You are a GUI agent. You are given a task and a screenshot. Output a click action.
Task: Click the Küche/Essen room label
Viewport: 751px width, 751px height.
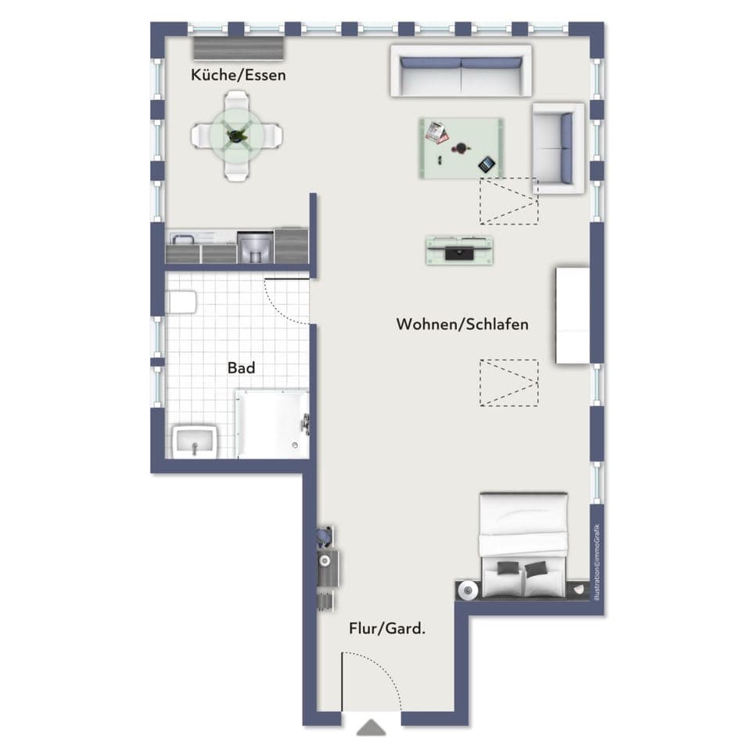[x=238, y=76]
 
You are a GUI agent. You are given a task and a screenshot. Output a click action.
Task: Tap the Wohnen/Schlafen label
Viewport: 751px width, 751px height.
[x=462, y=324]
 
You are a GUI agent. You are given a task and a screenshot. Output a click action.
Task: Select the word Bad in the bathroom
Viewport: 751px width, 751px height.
[x=241, y=368]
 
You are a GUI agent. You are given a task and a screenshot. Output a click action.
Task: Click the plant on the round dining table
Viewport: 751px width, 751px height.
[x=236, y=136]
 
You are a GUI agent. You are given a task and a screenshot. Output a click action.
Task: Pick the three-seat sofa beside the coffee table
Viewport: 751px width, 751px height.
[x=461, y=71]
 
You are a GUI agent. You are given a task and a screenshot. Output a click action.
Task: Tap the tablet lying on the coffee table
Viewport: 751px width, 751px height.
[x=487, y=164]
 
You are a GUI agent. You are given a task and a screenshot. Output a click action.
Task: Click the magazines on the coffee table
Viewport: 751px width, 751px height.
[x=437, y=132]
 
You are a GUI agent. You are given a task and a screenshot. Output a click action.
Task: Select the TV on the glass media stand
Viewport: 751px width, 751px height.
[x=459, y=252]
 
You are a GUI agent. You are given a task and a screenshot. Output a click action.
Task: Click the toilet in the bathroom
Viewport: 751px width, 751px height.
[x=181, y=302]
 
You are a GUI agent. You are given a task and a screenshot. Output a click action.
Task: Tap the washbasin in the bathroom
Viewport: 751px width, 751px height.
[x=194, y=441]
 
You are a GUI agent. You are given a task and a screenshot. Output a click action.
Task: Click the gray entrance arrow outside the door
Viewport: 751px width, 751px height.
[x=372, y=728]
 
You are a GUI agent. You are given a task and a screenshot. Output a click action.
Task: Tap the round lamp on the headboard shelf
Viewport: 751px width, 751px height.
[x=468, y=591]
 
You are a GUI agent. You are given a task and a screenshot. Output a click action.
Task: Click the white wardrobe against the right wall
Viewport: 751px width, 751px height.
[x=573, y=315]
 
